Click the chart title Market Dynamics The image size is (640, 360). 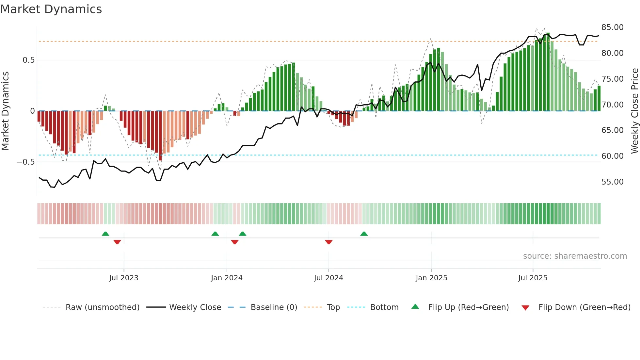coord(51,9)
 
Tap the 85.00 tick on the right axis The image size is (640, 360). coord(612,27)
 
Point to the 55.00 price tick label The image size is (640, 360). coord(612,182)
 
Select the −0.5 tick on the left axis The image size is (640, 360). coord(26,162)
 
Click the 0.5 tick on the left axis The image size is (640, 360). coord(28,60)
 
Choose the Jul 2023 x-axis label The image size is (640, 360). coord(124,278)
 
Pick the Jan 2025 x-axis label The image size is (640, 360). coord(431,278)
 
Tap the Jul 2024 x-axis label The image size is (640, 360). coord(328,278)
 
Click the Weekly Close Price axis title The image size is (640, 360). coord(634,111)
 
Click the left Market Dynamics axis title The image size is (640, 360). coord(5,111)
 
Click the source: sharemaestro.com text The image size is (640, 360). coord(575,256)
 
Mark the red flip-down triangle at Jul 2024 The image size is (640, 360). coord(329,242)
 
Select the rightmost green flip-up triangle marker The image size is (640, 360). coord(364,234)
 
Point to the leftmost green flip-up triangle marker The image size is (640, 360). coord(105,234)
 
